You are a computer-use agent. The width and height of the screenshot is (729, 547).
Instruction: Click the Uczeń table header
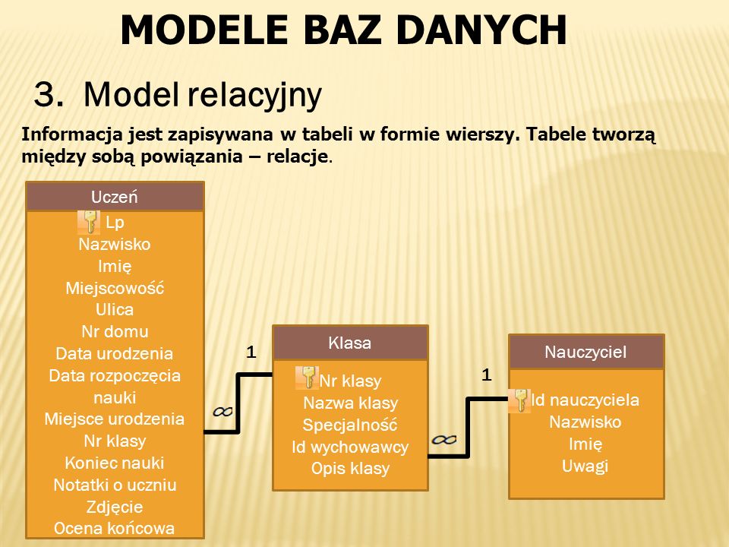point(115,197)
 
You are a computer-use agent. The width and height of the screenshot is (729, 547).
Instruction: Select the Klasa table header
point(349,343)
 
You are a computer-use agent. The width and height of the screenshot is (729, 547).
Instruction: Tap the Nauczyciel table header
point(585,352)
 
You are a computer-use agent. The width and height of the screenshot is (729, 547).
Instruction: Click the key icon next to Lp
point(89,222)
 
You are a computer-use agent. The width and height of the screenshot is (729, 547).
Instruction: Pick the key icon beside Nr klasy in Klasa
point(308,378)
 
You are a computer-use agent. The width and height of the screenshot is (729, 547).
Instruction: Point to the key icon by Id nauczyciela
point(520,400)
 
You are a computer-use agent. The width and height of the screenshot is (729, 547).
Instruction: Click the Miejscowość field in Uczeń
point(115,288)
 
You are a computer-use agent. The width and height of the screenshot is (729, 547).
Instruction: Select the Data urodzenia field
point(115,354)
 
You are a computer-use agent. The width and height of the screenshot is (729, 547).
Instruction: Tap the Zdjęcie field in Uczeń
point(115,507)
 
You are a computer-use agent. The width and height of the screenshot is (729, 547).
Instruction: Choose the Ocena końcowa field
point(115,528)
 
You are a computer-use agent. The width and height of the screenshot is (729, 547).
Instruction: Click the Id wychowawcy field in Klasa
point(350,447)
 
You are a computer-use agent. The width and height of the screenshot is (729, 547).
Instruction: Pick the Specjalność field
point(350,425)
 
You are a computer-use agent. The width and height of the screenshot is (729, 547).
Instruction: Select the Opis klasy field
point(350,468)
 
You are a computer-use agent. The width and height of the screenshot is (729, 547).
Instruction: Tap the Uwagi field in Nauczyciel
point(585,466)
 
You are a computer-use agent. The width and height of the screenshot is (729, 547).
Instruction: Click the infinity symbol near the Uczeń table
point(222,411)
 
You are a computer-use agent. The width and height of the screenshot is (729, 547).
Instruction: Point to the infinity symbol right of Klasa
point(444,439)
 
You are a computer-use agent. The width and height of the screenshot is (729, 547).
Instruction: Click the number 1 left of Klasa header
point(250,353)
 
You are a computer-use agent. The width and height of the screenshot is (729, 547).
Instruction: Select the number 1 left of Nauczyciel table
point(486,375)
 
